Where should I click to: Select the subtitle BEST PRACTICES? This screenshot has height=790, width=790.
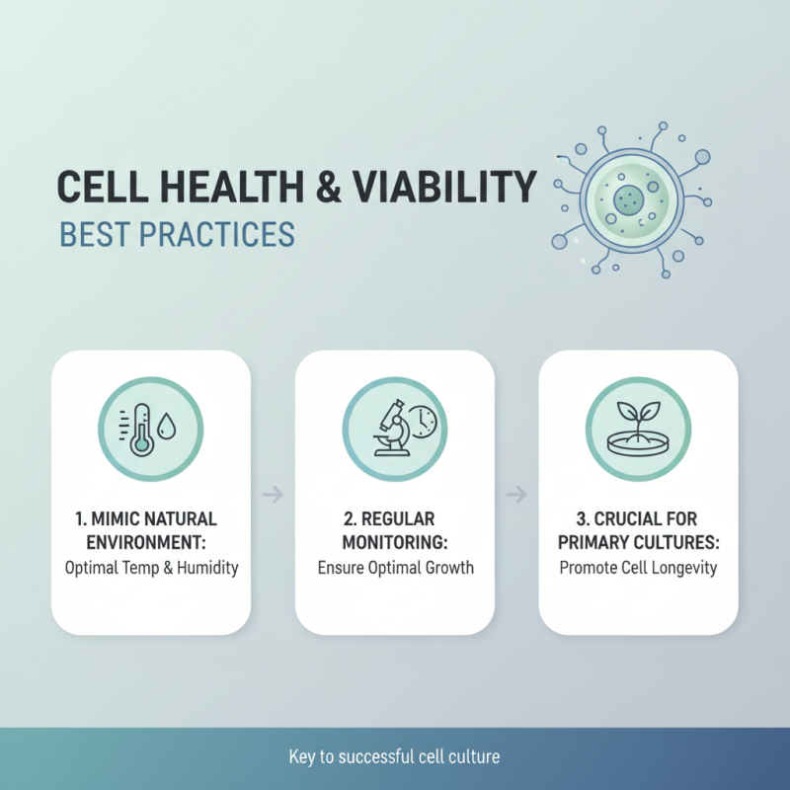(x=177, y=236)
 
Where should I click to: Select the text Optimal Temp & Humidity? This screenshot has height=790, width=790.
(x=151, y=568)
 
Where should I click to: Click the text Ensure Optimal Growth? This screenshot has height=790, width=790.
(x=395, y=568)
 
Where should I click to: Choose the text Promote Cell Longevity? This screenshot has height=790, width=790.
(x=638, y=568)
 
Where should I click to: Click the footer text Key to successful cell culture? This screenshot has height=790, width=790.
(x=395, y=757)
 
